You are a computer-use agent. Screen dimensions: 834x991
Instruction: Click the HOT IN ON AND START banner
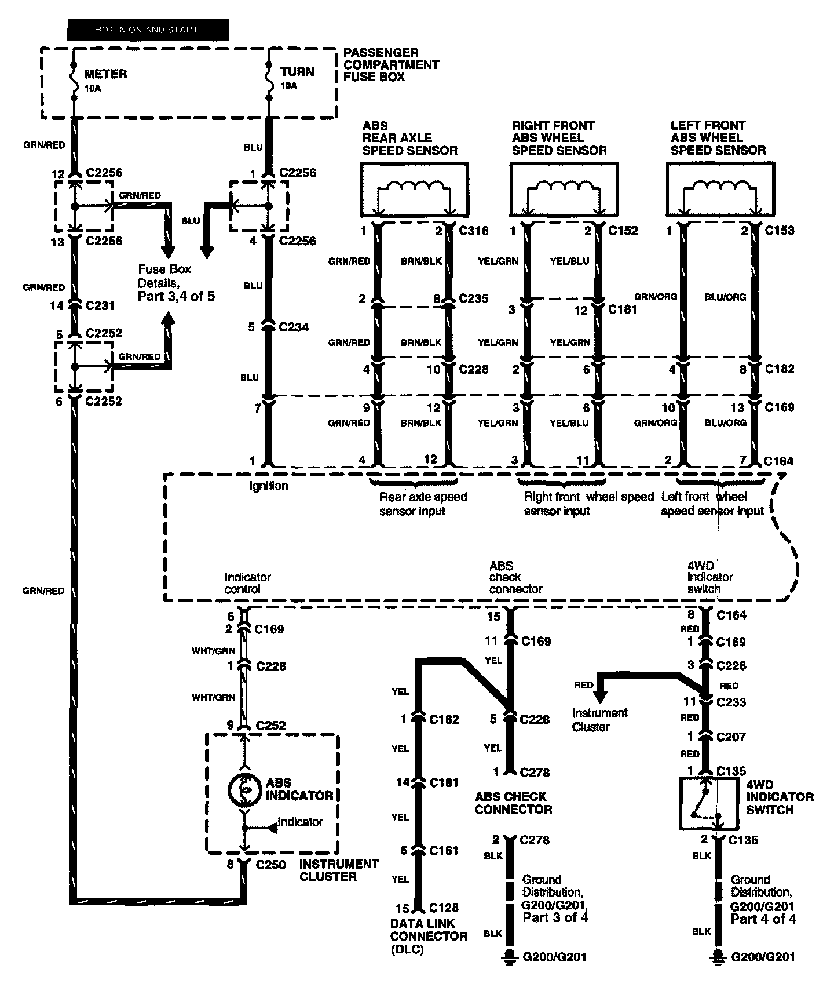click(148, 30)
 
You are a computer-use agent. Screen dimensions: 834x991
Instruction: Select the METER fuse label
click(105, 74)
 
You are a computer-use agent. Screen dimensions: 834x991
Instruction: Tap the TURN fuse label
click(297, 72)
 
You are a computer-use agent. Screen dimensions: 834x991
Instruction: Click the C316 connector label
click(474, 231)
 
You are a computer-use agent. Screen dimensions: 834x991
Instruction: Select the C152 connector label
click(623, 231)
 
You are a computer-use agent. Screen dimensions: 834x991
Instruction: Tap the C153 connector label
click(780, 231)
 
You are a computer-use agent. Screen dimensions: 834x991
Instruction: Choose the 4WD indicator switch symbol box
click(708, 803)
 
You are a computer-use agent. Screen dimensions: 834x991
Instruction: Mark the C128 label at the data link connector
click(444, 908)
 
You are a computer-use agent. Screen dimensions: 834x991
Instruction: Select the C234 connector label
click(294, 327)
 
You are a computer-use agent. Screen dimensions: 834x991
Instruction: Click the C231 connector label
click(100, 305)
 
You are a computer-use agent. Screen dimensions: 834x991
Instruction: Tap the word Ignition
click(269, 486)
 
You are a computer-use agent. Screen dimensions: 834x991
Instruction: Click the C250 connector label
click(271, 865)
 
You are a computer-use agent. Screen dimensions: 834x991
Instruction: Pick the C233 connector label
click(731, 702)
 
